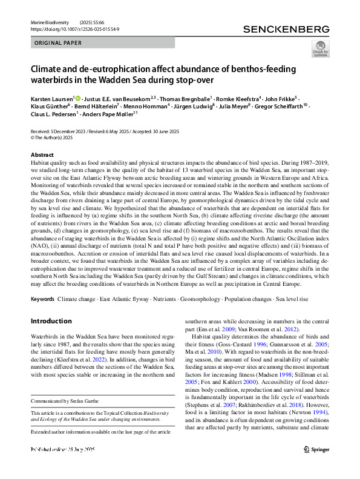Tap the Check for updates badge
320,48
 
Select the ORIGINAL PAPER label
57,43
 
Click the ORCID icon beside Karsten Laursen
78,98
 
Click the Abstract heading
41,155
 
